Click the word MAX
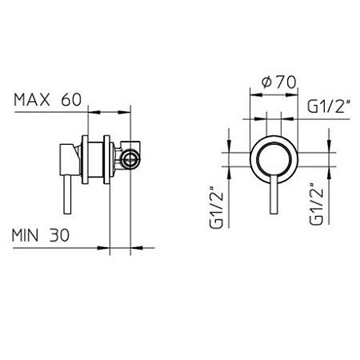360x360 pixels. point(32,100)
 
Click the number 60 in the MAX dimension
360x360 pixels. point(71,100)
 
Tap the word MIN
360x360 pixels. point(25,235)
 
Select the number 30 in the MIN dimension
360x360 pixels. point(59,235)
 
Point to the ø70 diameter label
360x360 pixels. point(278,82)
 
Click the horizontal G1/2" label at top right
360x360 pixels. point(329,106)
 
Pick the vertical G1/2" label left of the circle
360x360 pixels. point(216,207)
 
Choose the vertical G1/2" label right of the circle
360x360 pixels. point(316,204)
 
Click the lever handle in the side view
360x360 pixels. point(68,194)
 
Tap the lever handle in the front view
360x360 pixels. point(274,195)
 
